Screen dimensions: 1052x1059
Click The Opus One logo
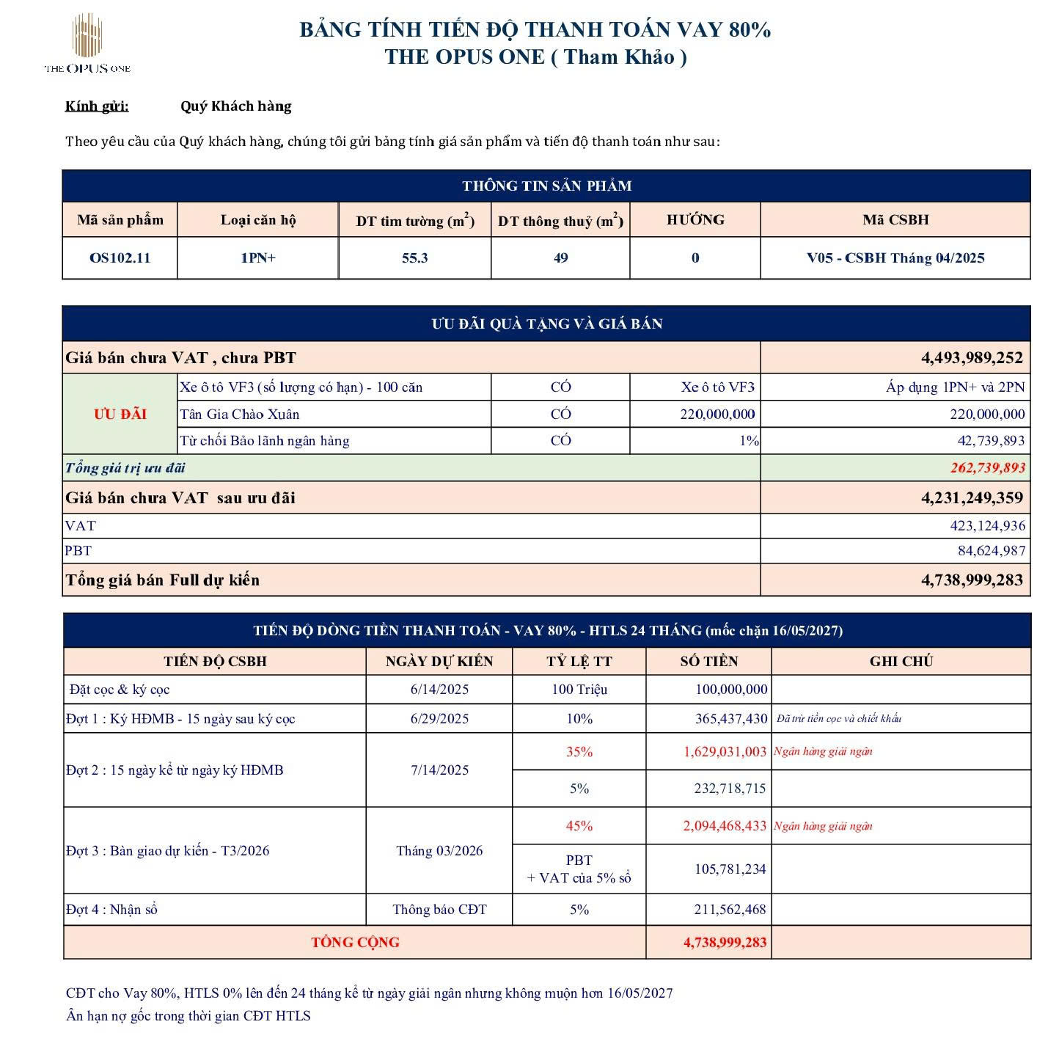click(x=87, y=44)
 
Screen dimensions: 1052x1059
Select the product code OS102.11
click(x=120, y=258)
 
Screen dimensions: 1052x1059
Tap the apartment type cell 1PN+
click(x=257, y=258)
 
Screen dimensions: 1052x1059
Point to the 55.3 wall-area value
click(x=414, y=258)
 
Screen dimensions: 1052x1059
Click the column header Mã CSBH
click(x=895, y=219)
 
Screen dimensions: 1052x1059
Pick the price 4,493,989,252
click(x=972, y=358)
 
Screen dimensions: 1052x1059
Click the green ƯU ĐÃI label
click(x=120, y=414)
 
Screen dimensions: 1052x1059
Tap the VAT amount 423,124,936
click(x=987, y=526)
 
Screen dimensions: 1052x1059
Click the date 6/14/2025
click(x=439, y=690)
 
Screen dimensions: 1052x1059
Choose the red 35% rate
click(x=579, y=752)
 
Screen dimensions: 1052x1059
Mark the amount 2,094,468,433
click(x=725, y=826)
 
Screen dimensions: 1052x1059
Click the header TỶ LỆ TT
click(x=579, y=661)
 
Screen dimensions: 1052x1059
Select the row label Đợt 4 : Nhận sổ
click(x=111, y=910)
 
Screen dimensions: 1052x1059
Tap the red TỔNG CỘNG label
click(x=355, y=943)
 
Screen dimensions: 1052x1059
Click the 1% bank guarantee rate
click(x=749, y=441)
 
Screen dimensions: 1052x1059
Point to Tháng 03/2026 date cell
click(x=439, y=851)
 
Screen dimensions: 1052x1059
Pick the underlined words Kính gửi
click(x=97, y=106)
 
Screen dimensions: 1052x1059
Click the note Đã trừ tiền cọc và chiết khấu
click(x=839, y=719)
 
